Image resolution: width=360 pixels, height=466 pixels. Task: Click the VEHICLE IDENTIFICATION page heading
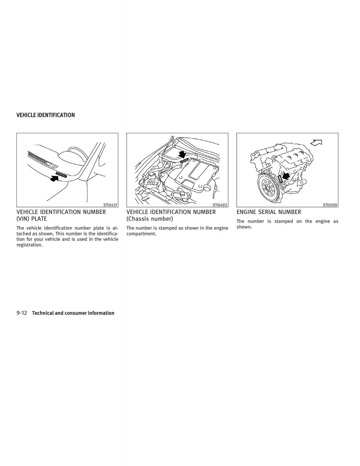[46, 115]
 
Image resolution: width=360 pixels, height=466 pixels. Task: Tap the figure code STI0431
[110, 205]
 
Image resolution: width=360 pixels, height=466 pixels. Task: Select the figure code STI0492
[220, 205]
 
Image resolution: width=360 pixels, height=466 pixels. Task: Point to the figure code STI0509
[330, 205]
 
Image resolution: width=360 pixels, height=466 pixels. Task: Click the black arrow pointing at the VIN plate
[54, 178]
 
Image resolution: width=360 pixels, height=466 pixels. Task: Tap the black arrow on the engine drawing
[286, 176]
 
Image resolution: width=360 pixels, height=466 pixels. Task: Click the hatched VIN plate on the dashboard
[61, 174]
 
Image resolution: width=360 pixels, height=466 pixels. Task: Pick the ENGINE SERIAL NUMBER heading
[269, 212]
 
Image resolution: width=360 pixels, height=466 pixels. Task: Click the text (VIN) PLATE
[31, 219]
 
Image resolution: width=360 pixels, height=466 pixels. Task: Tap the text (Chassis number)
[150, 219]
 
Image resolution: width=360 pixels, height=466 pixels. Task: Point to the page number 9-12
[22, 313]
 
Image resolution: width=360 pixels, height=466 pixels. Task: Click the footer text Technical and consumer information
[73, 313]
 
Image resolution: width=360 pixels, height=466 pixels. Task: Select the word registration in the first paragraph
[30, 245]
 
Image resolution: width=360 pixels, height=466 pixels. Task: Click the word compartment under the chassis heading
[141, 234]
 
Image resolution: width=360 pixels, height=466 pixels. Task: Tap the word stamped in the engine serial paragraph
[283, 221]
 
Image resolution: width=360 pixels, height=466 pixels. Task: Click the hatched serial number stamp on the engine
[280, 178]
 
